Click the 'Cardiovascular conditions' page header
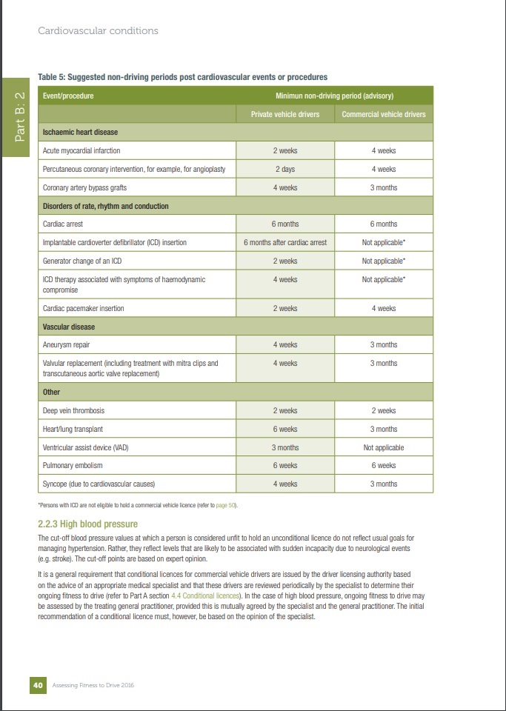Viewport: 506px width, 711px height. [98, 31]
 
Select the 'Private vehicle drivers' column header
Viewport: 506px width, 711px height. [284, 114]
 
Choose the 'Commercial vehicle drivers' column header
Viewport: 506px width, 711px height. [384, 114]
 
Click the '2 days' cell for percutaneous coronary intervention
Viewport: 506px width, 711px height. [284, 169]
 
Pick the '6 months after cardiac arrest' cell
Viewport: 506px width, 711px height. [284, 242]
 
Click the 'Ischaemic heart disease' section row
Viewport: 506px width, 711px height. [80, 133]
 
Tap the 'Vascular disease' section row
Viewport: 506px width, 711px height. [69, 327]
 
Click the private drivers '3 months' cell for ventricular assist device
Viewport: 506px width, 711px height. [284, 447]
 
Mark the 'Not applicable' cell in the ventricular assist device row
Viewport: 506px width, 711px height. [384, 447]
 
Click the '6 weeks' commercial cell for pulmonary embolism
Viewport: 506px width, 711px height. [384, 466]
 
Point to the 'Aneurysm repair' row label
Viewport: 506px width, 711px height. [68, 344]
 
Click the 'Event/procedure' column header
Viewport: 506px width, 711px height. [68, 96]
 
